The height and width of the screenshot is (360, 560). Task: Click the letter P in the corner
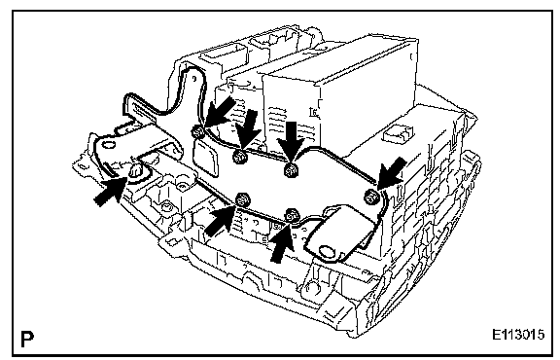point(27,340)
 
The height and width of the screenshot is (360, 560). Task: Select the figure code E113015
point(518,335)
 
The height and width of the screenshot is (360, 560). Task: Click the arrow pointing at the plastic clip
point(110,192)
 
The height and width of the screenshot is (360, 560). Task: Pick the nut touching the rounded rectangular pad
point(197,132)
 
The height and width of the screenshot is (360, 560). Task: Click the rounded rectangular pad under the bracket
point(206,158)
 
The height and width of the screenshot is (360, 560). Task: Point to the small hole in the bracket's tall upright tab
point(193,78)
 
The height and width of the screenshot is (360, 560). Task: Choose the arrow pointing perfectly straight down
point(292,142)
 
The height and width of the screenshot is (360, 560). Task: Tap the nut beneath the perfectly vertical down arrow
point(292,170)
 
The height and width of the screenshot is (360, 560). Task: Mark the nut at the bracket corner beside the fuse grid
point(370,197)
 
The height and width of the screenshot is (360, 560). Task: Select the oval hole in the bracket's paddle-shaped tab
point(326,250)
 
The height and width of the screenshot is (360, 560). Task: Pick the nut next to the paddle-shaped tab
point(292,216)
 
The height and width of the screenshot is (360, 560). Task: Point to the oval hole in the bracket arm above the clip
point(109,145)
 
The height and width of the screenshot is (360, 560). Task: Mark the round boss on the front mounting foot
point(313,287)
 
